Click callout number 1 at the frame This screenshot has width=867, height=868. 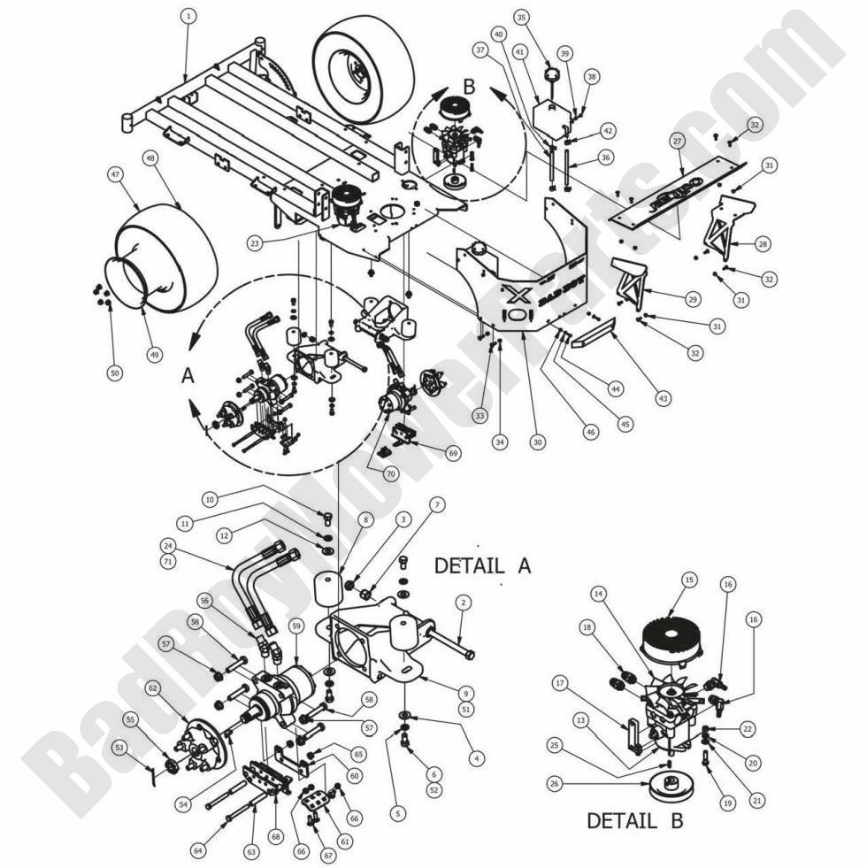(187, 17)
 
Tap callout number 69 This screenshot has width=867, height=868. (454, 453)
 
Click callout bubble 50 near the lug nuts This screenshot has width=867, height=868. (114, 374)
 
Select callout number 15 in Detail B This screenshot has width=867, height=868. (689, 580)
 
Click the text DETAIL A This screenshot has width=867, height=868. (481, 565)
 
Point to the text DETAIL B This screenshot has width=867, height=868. (634, 820)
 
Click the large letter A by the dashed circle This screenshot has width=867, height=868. (187, 376)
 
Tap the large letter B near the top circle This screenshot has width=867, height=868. (469, 88)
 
